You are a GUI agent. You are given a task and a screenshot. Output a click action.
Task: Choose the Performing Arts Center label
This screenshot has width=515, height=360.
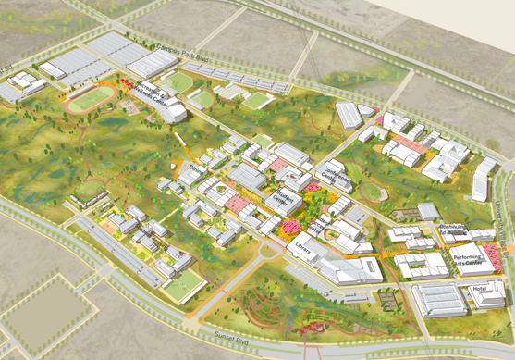(467, 262)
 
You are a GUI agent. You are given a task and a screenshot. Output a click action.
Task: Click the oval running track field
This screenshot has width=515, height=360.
(91, 98)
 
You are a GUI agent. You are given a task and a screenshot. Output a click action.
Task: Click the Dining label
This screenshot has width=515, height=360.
(196, 168)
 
